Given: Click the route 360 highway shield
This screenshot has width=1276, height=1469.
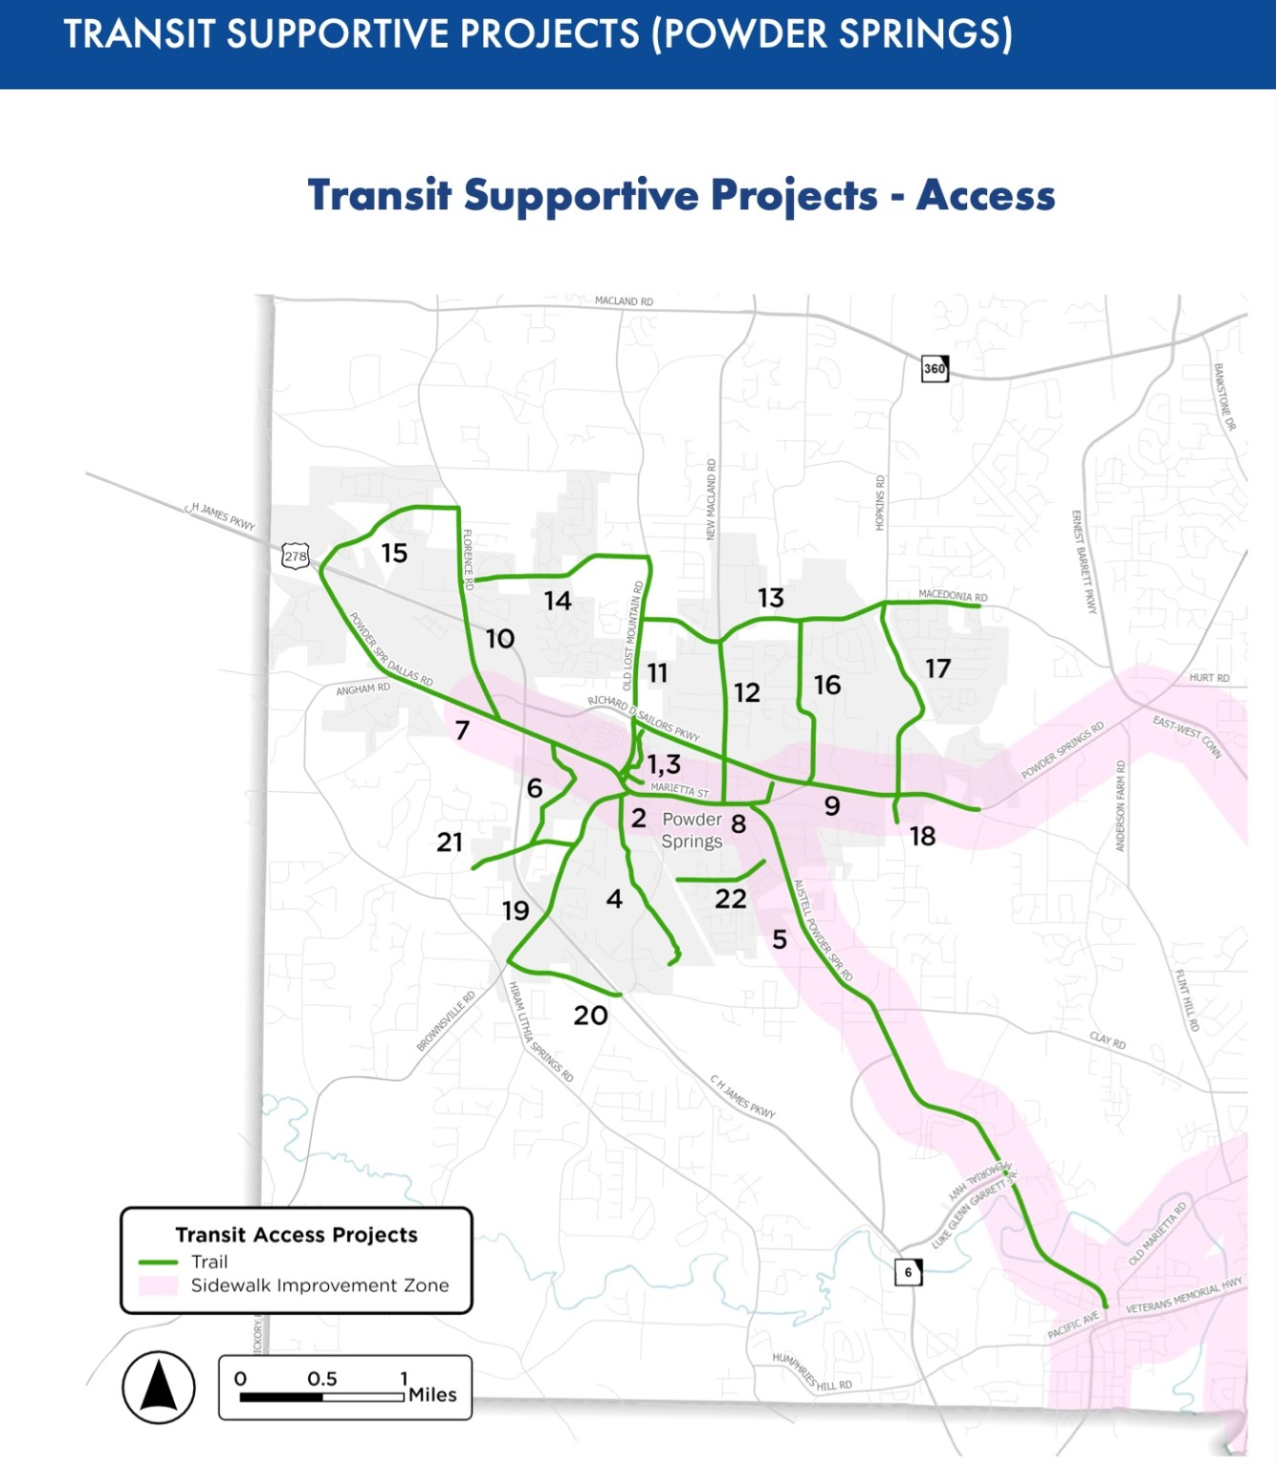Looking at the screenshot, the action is click(x=935, y=368).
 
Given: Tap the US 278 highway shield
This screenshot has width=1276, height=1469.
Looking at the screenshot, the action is click(x=296, y=556).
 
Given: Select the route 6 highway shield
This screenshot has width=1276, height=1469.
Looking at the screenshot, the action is click(x=908, y=1272).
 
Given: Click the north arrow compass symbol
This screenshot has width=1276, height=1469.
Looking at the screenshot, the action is click(x=159, y=1387).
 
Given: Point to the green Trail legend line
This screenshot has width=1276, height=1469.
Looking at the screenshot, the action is click(x=158, y=1262).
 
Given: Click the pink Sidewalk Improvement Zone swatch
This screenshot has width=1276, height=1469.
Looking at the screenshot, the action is click(x=158, y=1286).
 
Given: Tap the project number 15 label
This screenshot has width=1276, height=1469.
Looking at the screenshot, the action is click(x=394, y=554).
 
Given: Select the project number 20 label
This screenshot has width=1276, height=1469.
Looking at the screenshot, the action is click(x=590, y=1016).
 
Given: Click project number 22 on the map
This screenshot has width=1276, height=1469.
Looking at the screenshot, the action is click(x=731, y=899).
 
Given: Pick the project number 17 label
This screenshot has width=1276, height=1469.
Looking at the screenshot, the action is click(x=937, y=669).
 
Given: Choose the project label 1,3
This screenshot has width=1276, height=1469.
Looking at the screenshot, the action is click(x=664, y=765).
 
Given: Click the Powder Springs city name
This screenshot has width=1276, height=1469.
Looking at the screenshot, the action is click(x=692, y=830).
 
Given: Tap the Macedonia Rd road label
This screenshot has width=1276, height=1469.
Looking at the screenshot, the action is click(x=953, y=596).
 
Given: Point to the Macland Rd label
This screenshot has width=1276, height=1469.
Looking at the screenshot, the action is click(x=624, y=301).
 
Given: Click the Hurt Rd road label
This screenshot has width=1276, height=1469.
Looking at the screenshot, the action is click(x=1209, y=678).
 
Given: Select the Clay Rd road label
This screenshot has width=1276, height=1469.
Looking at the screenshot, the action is click(x=1108, y=1041).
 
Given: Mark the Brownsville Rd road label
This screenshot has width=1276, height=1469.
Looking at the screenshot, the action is click(x=446, y=1021).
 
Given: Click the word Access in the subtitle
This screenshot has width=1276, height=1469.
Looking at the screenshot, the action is click(x=985, y=195).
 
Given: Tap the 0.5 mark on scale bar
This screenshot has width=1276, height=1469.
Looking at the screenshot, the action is click(x=322, y=1379).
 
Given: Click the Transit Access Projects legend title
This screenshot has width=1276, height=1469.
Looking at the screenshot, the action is click(x=297, y=1235).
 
